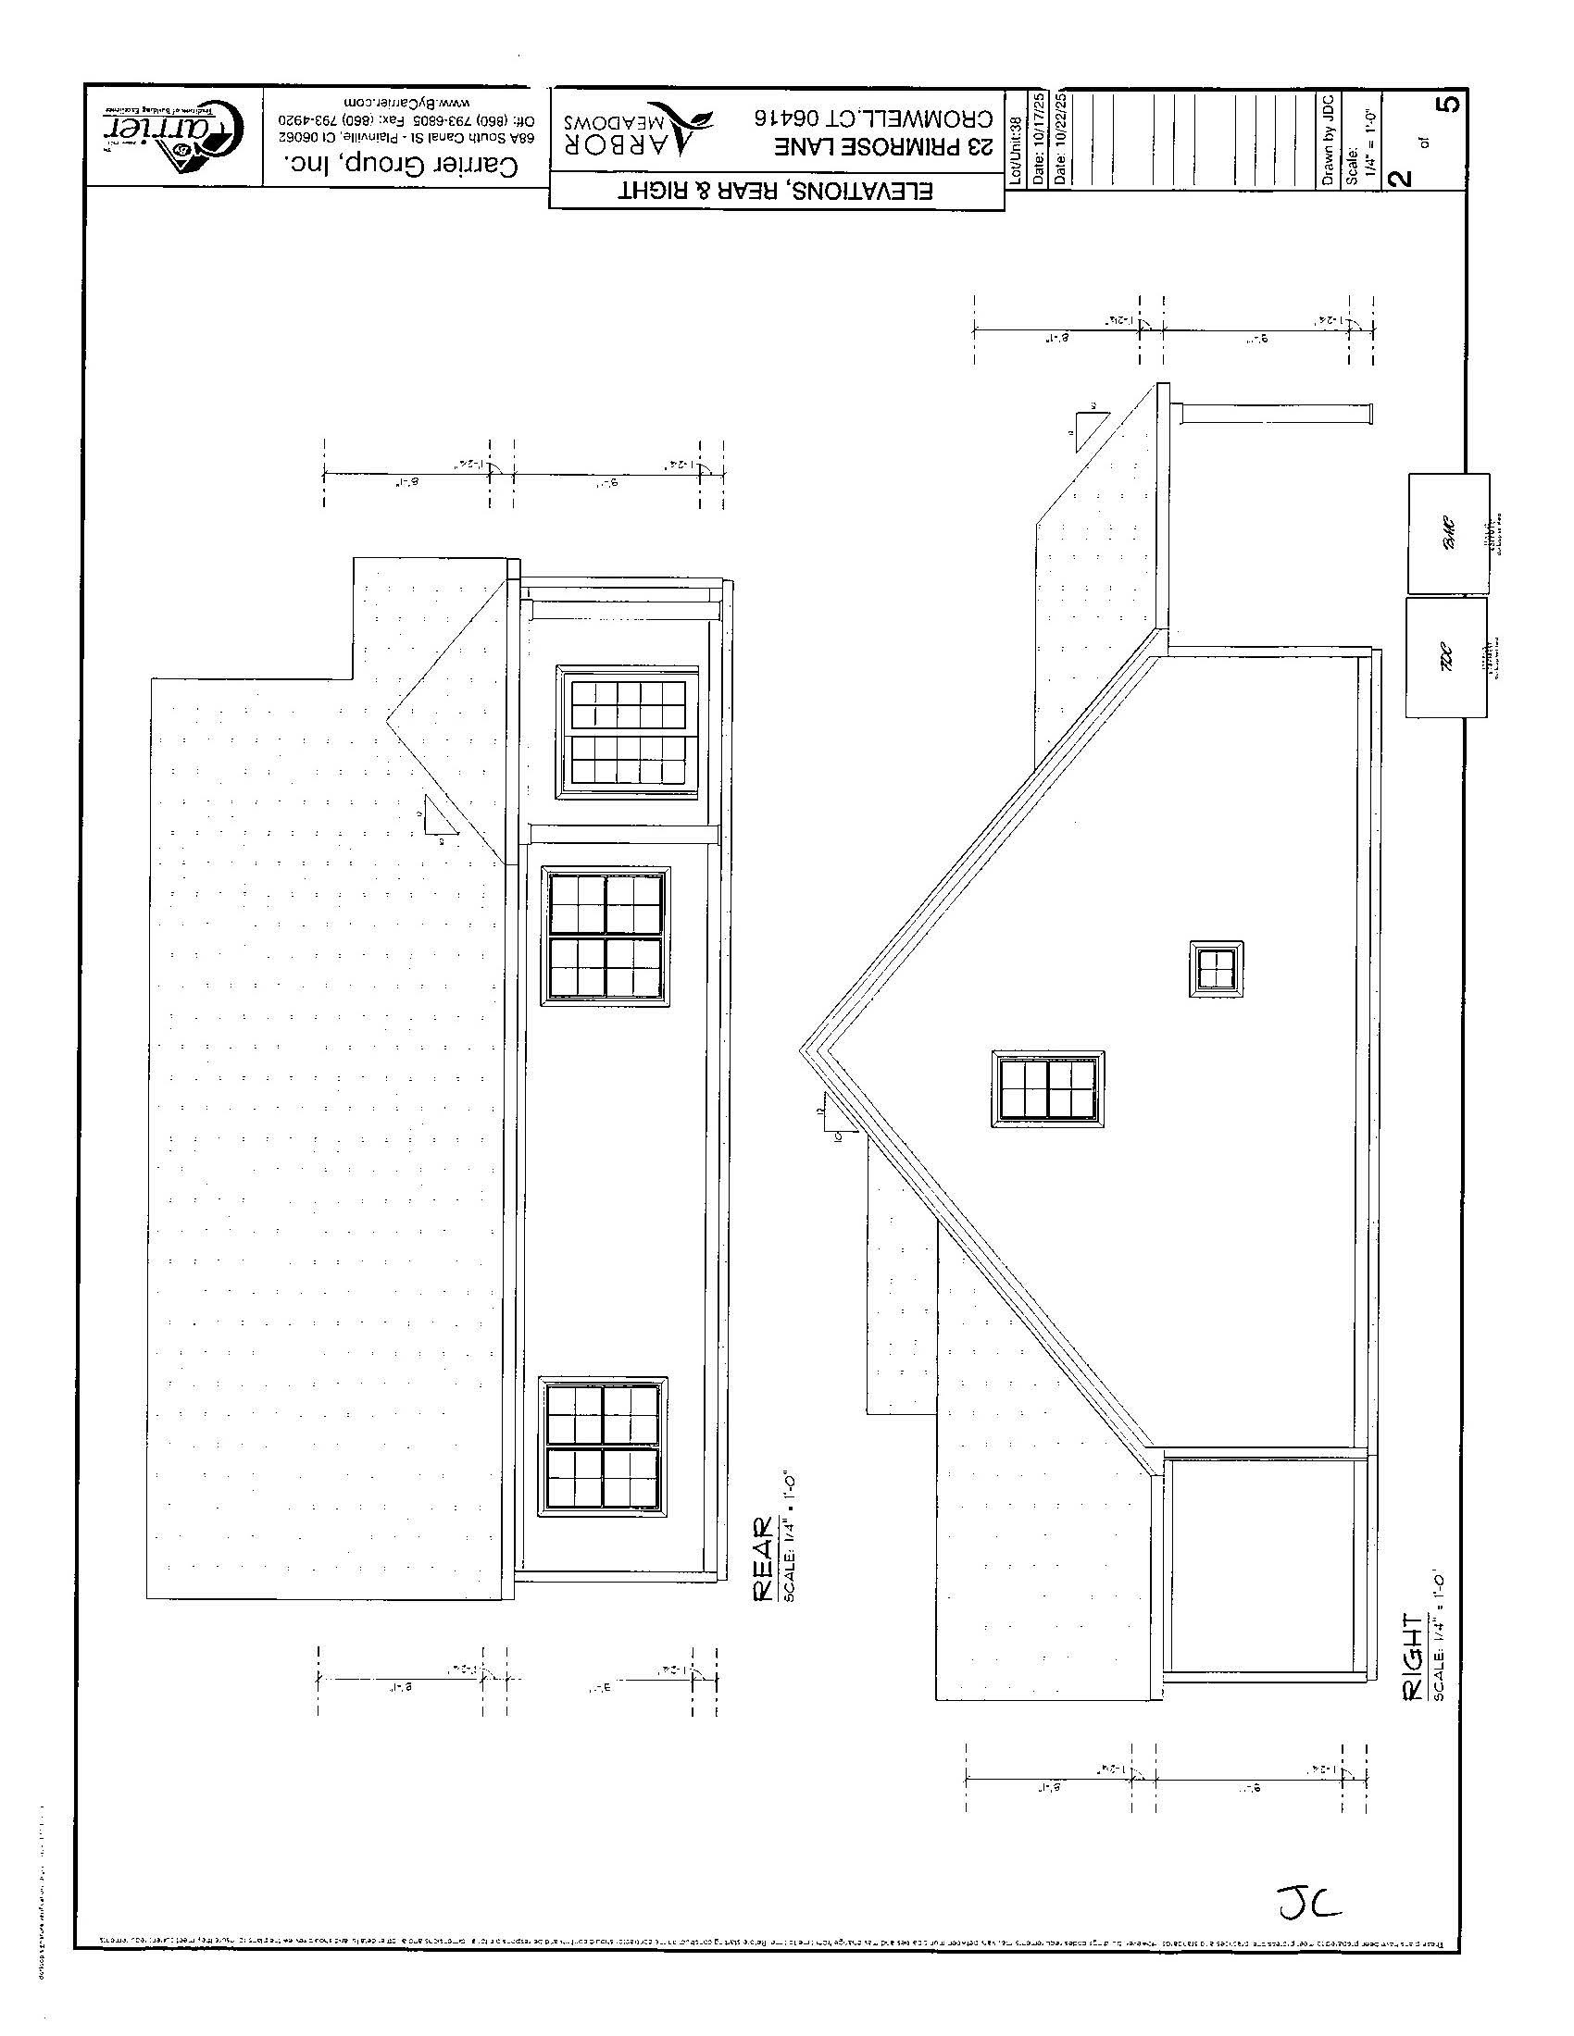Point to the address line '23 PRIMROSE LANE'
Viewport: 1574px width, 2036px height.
pyautogui.click(x=882, y=147)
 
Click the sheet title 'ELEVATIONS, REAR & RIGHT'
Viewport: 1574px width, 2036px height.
pyautogui.click(x=776, y=193)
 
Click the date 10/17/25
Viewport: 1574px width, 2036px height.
pyautogui.click(x=1039, y=140)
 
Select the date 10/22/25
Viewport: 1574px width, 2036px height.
pyautogui.click(x=1059, y=140)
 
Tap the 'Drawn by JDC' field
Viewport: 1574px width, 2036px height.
pyautogui.click(x=1329, y=140)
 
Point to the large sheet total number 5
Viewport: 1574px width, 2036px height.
pyautogui.click(x=1447, y=103)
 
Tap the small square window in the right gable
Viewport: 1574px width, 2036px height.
pyautogui.click(x=1216, y=969)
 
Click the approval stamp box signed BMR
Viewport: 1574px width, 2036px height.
pyautogui.click(x=1448, y=533)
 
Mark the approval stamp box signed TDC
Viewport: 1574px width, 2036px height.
pyautogui.click(x=1446, y=657)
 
